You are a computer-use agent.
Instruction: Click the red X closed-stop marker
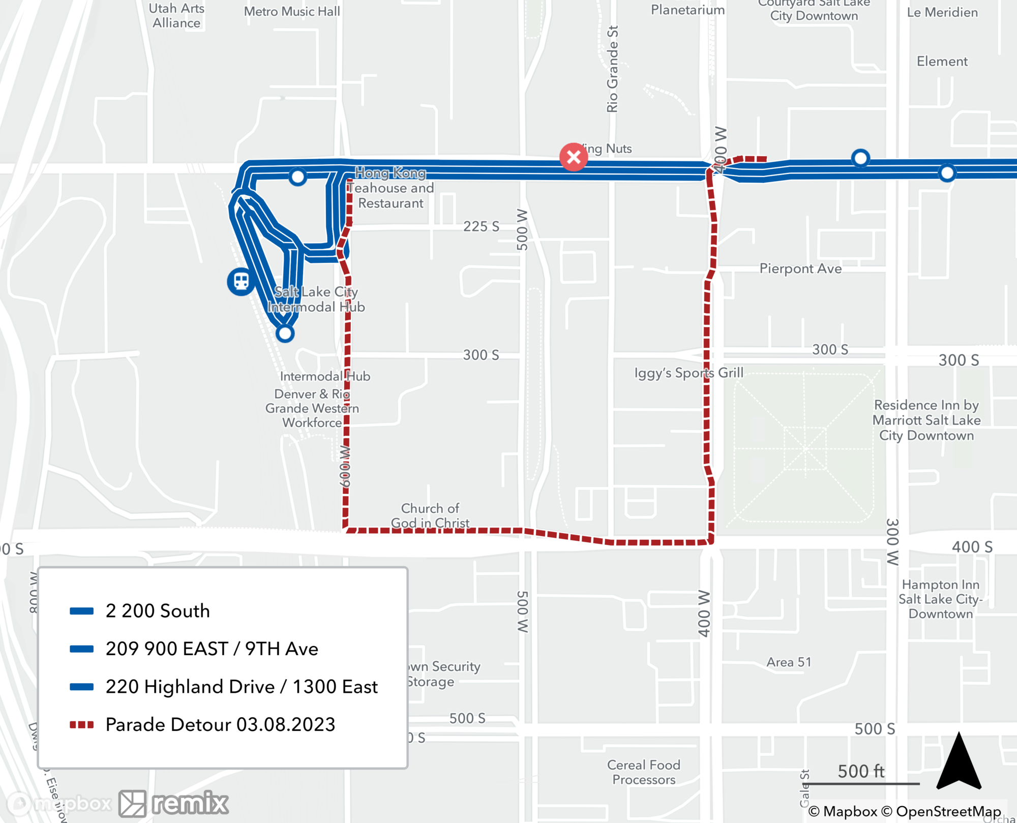(x=574, y=157)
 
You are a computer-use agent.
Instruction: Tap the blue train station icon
(x=241, y=281)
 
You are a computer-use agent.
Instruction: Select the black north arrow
(x=959, y=762)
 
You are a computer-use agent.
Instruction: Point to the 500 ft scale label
(x=861, y=771)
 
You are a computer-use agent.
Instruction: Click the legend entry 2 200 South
(x=158, y=611)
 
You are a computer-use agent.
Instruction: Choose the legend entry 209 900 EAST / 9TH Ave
(x=212, y=649)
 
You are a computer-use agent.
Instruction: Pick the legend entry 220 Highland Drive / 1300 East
(x=242, y=687)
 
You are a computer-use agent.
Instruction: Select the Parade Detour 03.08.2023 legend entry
(x=220, y=725)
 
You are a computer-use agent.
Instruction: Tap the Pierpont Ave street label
(x=800, y=269)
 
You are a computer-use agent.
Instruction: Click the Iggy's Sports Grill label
(x=689, y=373)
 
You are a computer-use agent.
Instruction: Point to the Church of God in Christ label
(x=430, y=516)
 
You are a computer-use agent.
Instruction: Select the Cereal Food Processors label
(x=644, y=772)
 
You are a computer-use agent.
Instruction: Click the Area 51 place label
(x=789, y=662)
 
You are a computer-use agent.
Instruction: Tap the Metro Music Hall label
(x=292, y=11)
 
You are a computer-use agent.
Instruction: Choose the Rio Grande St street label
(x=612, y=69)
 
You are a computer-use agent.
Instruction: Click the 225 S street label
(x=481, y=226)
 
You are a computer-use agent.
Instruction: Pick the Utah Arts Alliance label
(x=176, y=16)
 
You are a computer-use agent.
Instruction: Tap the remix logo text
(x=190, y=804)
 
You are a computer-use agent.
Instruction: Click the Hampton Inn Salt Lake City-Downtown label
(x=941, y=599)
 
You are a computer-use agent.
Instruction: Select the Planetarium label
(x=687, y=10)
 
